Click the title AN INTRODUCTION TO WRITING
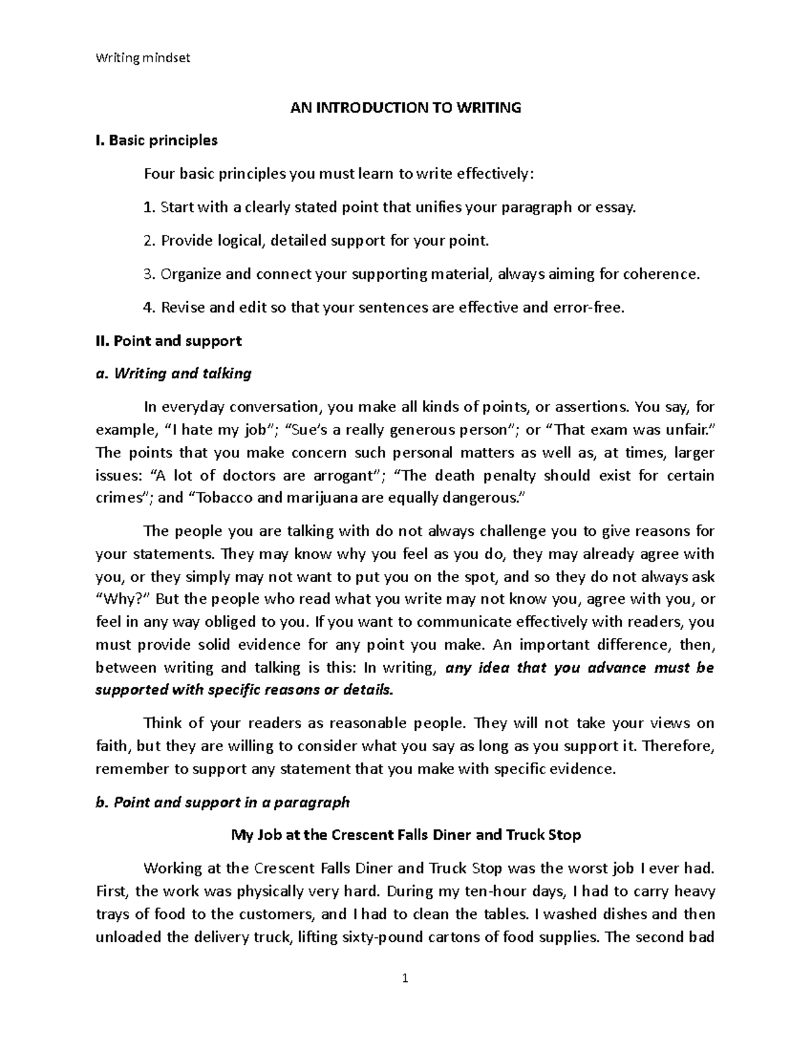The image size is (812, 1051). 406,108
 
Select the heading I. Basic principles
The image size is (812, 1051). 156,141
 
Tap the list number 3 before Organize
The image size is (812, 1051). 149,274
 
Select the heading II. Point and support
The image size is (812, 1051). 168,341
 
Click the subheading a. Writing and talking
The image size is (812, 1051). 173,374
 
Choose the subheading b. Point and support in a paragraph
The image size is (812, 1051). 223,803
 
